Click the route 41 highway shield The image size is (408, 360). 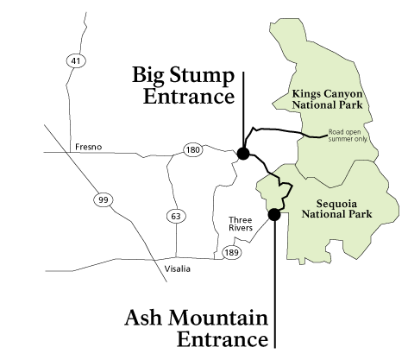tap(75, 60)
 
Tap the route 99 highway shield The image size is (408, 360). tap(103, 200)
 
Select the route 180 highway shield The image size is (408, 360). tap(191, 151)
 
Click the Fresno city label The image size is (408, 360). tap(88, 147)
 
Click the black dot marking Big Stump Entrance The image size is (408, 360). tap(243, 154)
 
